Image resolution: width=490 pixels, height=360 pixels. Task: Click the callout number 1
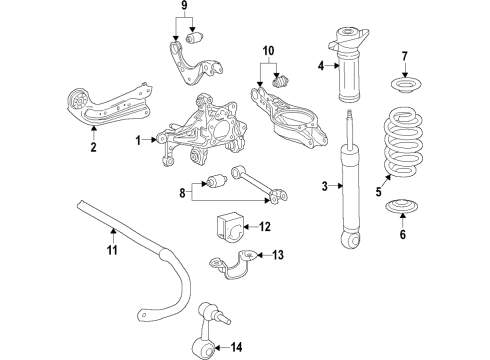point(140,140)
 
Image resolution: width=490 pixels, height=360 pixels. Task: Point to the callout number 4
point(321,67)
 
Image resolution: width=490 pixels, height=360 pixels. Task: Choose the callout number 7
point(404,55)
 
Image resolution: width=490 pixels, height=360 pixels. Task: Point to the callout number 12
point(264,227)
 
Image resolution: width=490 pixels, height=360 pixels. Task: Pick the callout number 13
point(277,255)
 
